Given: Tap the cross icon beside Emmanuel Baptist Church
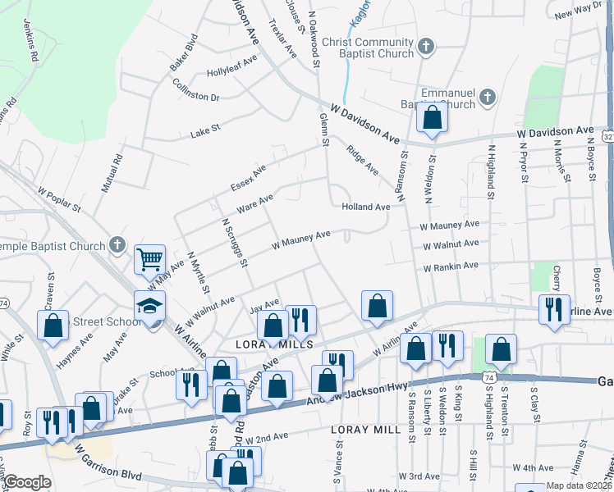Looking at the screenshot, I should [x=487, y=98].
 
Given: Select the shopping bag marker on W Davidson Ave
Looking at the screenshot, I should [x=432, y=119].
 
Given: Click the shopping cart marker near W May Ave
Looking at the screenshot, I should [x=149, y=261].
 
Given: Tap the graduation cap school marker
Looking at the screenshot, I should [x=149, y=306].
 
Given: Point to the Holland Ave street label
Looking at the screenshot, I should [x=365, y=207].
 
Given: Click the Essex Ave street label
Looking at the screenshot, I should [x=248, y=177].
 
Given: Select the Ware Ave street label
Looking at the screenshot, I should [x=254, y=202].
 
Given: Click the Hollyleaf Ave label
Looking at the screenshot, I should [x=232, y=66].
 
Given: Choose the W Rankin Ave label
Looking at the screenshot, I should [x=450, y=266].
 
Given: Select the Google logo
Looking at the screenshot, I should [x=28, y=482].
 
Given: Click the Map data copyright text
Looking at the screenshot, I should [x=579, y=485].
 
